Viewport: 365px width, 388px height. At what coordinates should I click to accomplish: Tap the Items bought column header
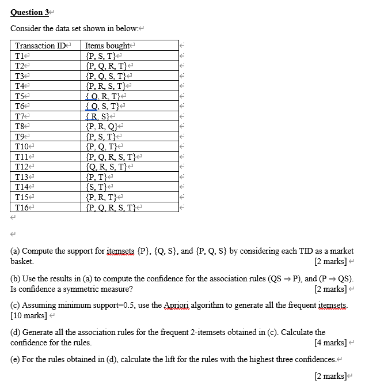click(108, 46)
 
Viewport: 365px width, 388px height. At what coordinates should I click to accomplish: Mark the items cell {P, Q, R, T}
click(107, 66)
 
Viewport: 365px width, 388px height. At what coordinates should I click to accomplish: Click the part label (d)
click(17, 333)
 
